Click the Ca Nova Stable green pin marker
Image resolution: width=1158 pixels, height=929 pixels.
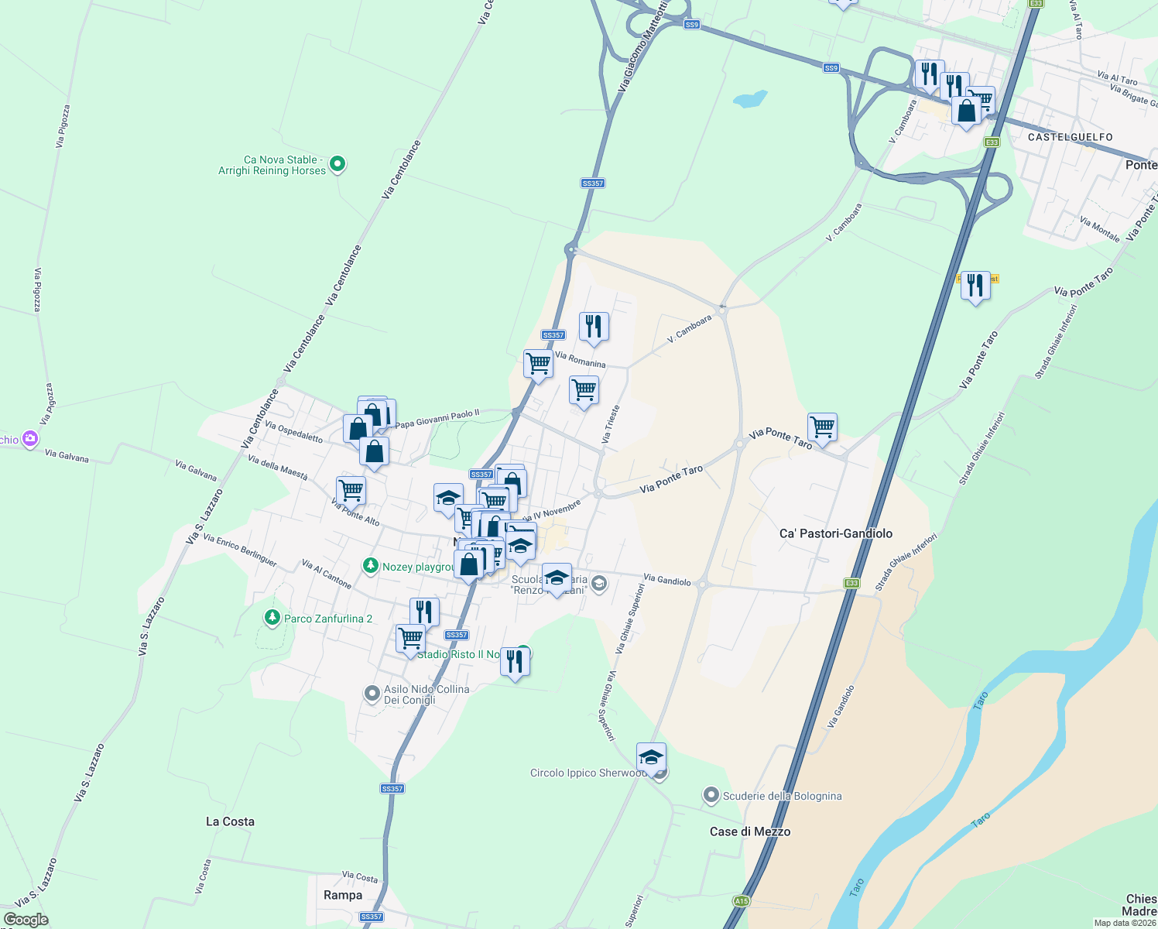337,164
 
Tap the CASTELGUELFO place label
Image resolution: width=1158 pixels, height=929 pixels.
1071,137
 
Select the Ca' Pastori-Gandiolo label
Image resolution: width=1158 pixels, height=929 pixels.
835,533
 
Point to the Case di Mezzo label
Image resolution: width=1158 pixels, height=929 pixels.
750,831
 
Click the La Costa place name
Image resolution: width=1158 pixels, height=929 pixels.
230,821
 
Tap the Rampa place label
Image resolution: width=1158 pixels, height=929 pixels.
343,895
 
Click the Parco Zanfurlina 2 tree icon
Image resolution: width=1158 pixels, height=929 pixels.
272,618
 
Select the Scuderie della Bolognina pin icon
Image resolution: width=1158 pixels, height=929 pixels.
711,795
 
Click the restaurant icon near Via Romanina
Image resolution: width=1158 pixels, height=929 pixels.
594,327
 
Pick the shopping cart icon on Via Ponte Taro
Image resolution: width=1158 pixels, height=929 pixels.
822,427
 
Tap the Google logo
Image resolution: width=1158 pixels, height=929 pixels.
26,920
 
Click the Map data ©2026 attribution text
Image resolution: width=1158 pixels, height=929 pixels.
1125,923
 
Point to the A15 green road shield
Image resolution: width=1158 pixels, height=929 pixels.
742,901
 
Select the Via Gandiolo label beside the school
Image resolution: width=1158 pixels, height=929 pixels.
666,579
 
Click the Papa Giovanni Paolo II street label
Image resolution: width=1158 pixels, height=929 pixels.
437,419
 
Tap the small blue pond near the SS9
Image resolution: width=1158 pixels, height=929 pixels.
749,99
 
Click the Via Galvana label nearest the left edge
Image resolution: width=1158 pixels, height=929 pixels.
67,457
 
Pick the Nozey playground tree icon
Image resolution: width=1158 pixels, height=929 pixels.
372,567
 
